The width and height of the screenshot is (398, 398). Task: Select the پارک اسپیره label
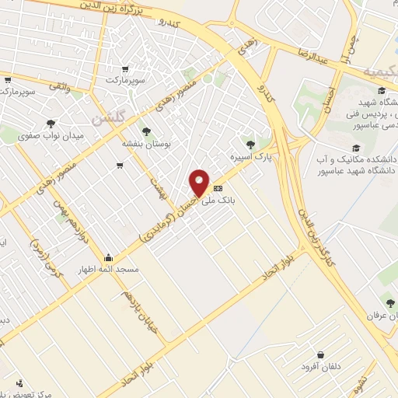click(247, 157)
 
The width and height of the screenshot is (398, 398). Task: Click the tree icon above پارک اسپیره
click(250, 144)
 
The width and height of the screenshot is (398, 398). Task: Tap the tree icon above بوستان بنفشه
click(145, 131)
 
